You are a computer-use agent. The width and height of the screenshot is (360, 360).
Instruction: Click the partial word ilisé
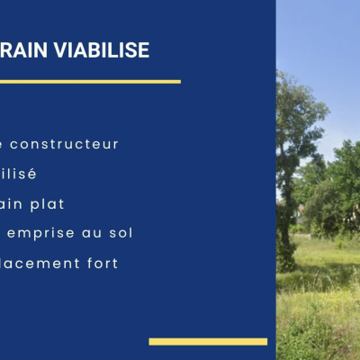pyautogui.click(x=18, y=174)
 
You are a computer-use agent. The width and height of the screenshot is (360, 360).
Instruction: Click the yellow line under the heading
pyautogui.click(x=90, y=82)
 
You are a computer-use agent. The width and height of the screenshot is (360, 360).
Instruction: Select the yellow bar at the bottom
pyautogui.click(x=208, y=341)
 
